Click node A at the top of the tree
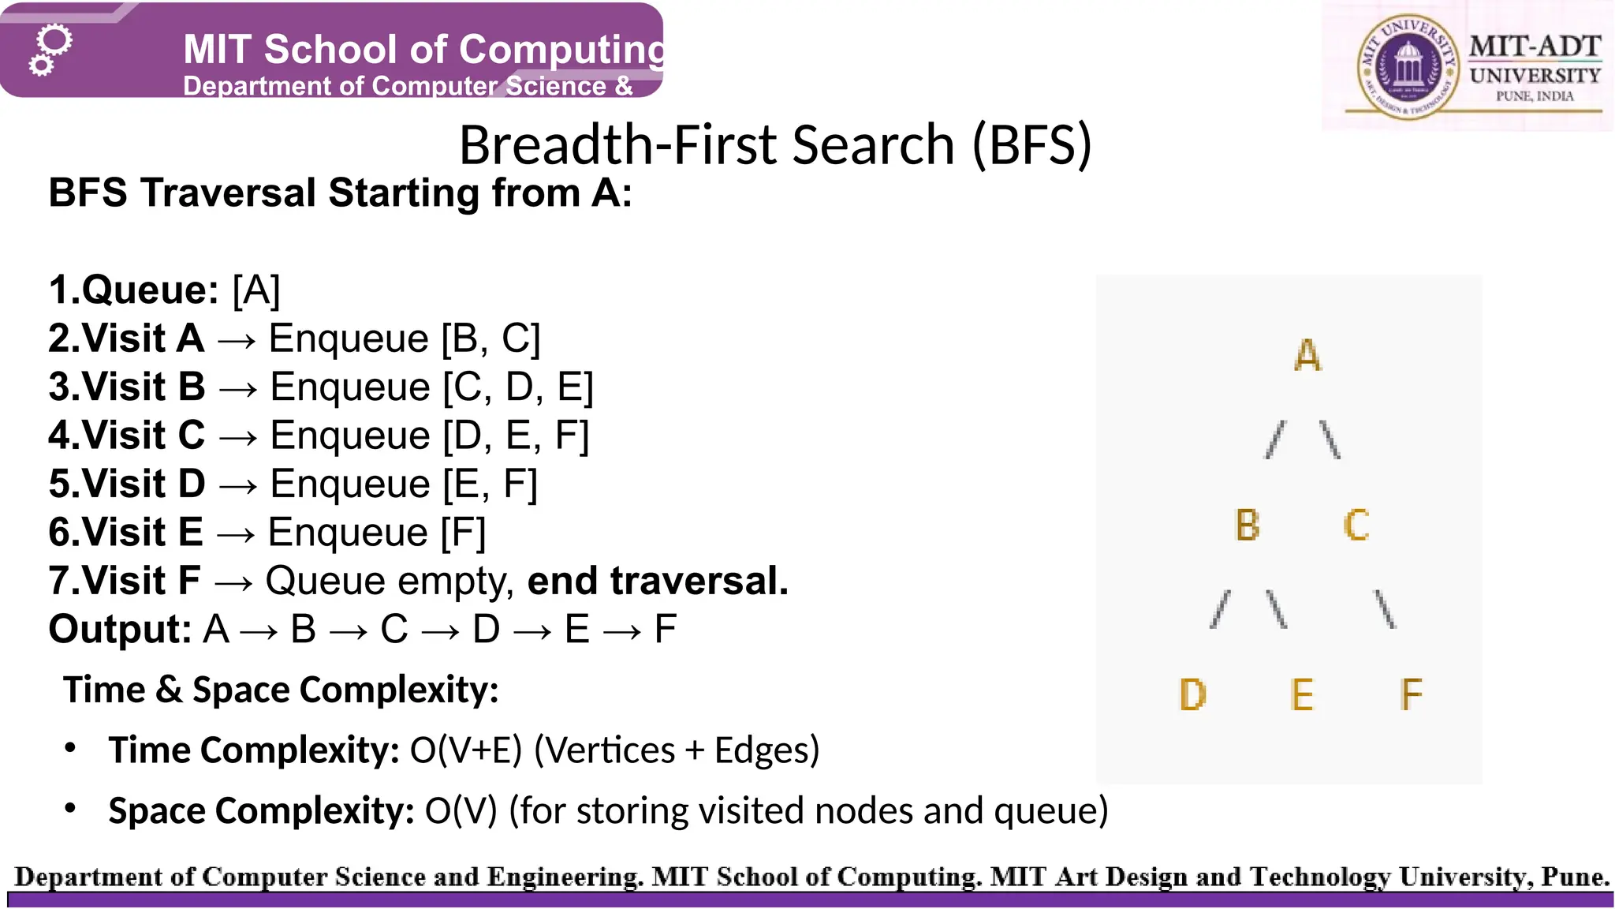point(1307,355)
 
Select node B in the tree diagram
point(1248,526)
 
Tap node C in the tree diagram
point(1356,526)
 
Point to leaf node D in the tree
point(1192,695)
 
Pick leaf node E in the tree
point(1302,695)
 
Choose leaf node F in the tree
point(1411,695)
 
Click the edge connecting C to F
point(1385,609)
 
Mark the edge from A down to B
point(1274,440)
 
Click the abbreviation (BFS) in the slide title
point(1031,145)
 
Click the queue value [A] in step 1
point(256,290)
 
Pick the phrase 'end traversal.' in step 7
point(658,582)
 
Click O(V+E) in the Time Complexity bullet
point(466,750)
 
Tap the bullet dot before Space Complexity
point(71,808)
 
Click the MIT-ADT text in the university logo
point(1535,47)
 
